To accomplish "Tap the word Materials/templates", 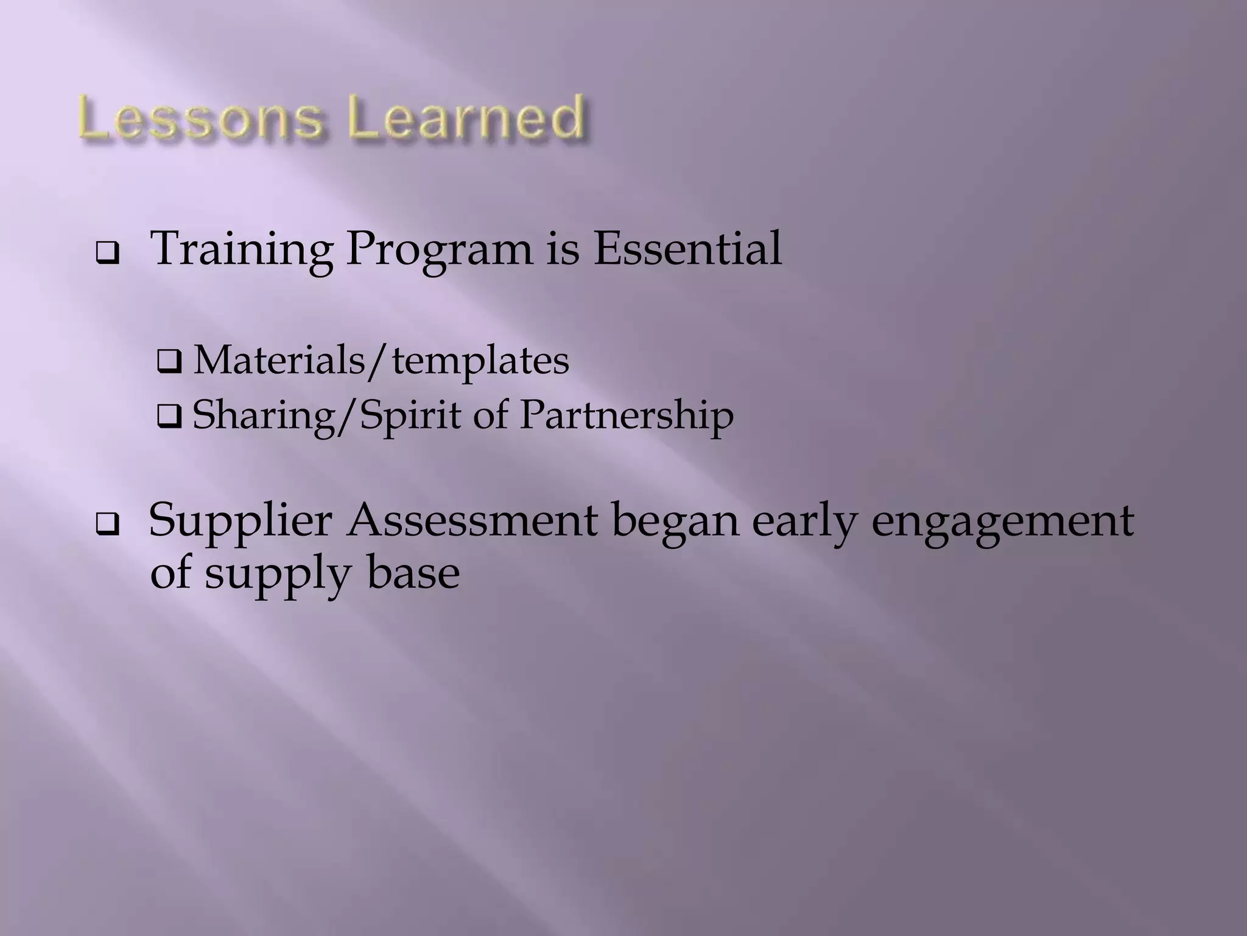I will click(381, 361).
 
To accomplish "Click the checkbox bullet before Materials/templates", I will click(169, 363).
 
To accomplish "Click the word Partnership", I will click(627, 417).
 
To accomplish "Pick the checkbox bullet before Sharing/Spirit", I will click(169, 419).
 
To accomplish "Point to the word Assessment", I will click(472, 521).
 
